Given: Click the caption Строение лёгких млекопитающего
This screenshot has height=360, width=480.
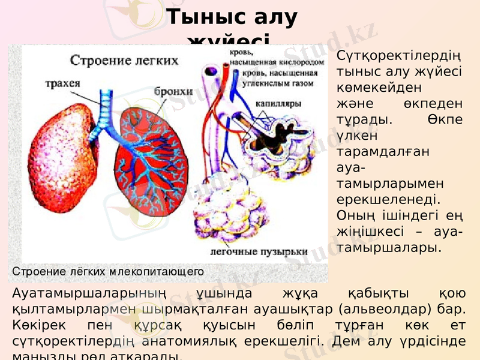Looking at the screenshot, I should click(108, 272).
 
